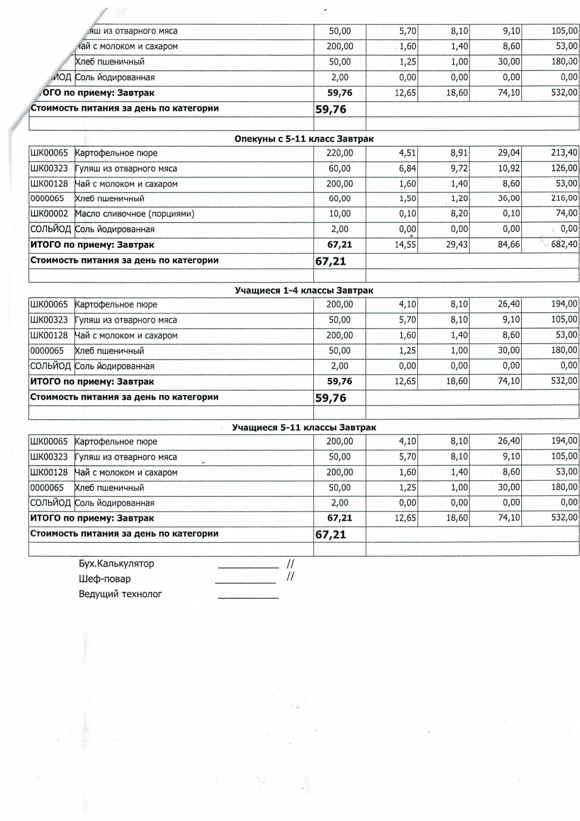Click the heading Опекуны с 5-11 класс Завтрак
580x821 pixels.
pos(304,139)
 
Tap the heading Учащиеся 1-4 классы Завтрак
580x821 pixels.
pos(304,291)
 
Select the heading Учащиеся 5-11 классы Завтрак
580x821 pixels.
pos(304,427)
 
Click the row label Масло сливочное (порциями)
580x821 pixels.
pos(135,214)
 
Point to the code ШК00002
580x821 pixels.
pos(49,214)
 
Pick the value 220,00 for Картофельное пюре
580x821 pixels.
pos(340,153)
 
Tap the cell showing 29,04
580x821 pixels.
pos(508,153)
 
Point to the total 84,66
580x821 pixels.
pos(508,244)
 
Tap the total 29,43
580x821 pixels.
pos(457,244)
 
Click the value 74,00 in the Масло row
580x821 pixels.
pos(566,213)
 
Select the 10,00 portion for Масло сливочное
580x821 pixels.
pos(340,214)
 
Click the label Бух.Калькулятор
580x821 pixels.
pos(116,564)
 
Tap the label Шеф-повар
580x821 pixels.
pos(105,579)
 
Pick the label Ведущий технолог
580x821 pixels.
pos(120,594)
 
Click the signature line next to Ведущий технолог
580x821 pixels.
pos(248,597)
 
